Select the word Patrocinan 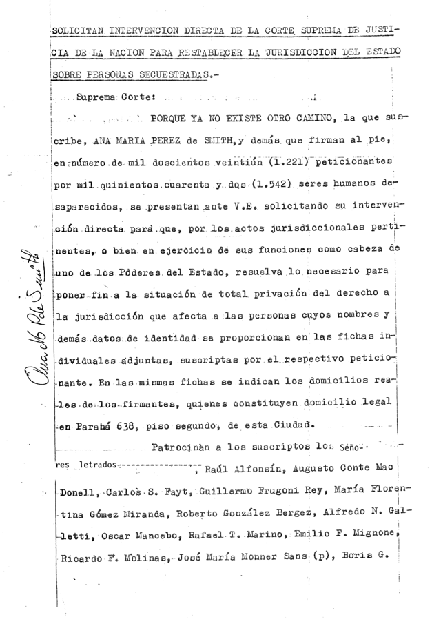pos(182,446)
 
